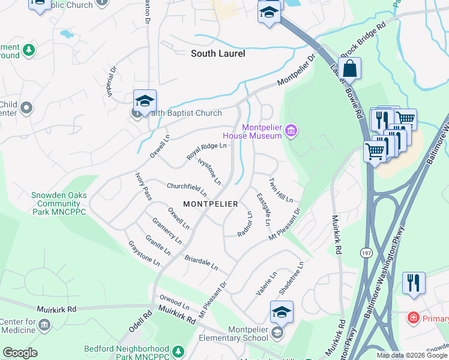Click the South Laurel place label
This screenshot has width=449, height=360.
(x=218, y=53)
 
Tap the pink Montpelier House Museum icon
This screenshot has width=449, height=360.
(x=291, y=130)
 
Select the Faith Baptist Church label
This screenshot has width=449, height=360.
(x=184, y=113)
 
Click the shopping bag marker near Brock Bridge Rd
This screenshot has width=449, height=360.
(x=349, y=69)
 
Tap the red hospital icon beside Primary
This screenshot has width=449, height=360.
(x=414, y=316)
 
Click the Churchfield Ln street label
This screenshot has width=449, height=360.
(x=187, y=190)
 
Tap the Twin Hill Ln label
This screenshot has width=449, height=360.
(x=280, y=190)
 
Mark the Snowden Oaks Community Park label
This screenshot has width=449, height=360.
(x=59, y=204)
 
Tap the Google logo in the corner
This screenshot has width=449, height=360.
(x=20, y=352)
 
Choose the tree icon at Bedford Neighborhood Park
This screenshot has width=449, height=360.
(x=177, y=350)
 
